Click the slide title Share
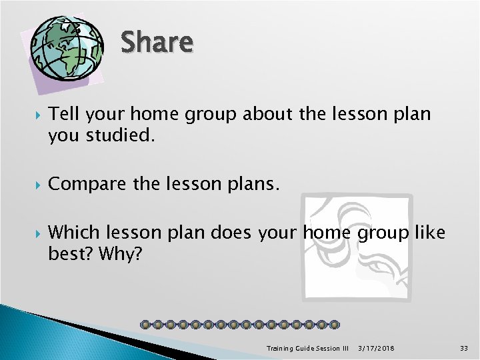(x=157, y=43)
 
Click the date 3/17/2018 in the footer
(x=376, y=348)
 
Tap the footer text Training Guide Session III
(x=307, y=348)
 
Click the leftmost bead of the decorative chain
(x=146, y=325)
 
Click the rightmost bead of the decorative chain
(x=334, y=325)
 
